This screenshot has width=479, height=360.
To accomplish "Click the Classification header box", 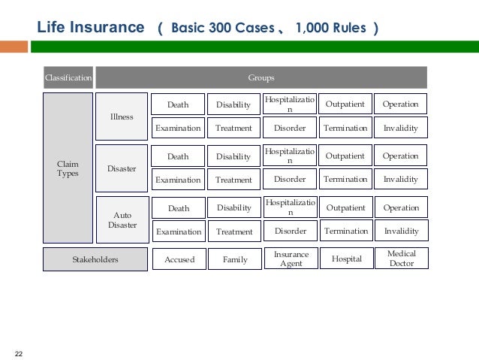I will click(x=68, y=77).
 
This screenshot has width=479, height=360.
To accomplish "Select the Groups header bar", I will click(x=261, y=77).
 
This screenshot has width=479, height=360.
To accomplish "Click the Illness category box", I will click(x=122, y=116).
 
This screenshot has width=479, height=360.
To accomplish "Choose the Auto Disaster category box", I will click(x=122, y=219).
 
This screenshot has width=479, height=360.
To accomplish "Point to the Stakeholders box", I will click(x=95, y=259).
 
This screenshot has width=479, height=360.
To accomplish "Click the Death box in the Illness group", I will click(x=178, y=104).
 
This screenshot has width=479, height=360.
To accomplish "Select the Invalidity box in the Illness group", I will click(x=400, y=128).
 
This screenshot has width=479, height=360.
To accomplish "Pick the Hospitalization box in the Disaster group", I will click(x=290, y=156).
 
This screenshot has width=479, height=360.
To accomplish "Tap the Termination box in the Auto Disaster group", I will click(x=345, y=231).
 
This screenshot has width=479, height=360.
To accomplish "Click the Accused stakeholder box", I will click(x=179, y=259).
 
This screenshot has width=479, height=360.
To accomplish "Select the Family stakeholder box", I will click(x=234, y=259).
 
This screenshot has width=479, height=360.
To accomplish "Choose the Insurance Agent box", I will click(x=291, y=259).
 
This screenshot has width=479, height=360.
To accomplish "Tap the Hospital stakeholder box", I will click(x=346, y=259).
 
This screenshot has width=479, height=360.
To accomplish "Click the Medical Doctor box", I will click(x=401, y=259).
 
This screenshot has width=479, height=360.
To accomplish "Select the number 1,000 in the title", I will click(x=311, y=29).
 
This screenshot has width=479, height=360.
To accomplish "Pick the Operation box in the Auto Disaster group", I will click(x=400, y=207).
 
